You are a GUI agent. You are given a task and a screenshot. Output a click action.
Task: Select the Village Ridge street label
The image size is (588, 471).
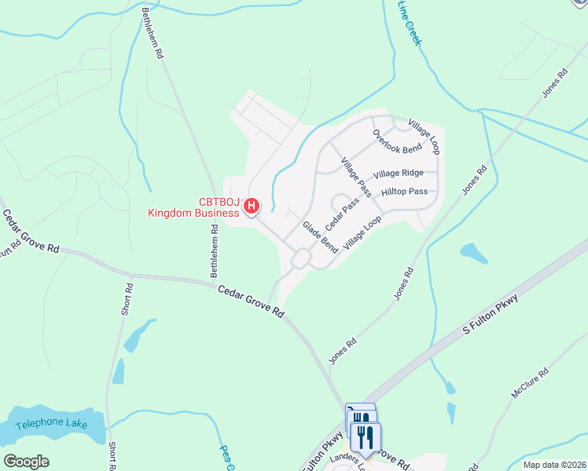(x=399, y=173)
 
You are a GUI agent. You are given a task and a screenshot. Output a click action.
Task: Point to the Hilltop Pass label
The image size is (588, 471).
(x=404, y=192)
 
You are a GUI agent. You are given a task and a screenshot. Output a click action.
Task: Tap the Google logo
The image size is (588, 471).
(x=25, y=462)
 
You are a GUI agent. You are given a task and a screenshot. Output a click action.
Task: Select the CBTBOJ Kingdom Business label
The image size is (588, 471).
(x=194, y=207)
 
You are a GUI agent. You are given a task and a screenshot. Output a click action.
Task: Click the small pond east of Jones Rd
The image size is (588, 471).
(x=473, y=253)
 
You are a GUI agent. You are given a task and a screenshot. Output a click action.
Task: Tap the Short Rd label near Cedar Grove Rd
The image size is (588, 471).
(x=127, y=298)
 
